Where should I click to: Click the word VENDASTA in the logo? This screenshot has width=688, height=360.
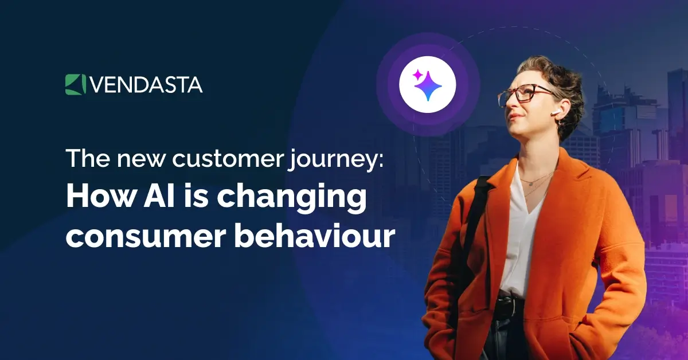pyautogui.click(x=146, y=85)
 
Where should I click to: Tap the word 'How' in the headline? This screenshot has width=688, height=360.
pyautogui.click(x=94, y=197)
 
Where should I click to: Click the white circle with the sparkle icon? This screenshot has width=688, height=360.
pyautogui.click(x=428, y=84)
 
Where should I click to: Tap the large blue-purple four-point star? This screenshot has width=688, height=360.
pyautogui.click(x=431, y=88)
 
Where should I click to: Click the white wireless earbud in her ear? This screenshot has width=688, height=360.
pyautogui.click(x=556, y=113)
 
